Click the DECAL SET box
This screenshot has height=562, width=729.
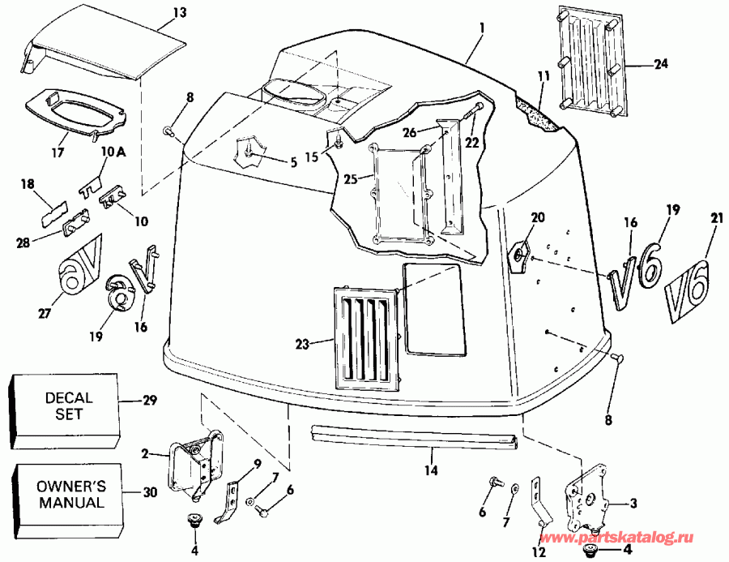(68, 405)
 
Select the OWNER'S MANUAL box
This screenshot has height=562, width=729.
(70, 494)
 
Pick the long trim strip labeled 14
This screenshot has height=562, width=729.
(413, 438)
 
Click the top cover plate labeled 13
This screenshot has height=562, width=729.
(105, 53)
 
